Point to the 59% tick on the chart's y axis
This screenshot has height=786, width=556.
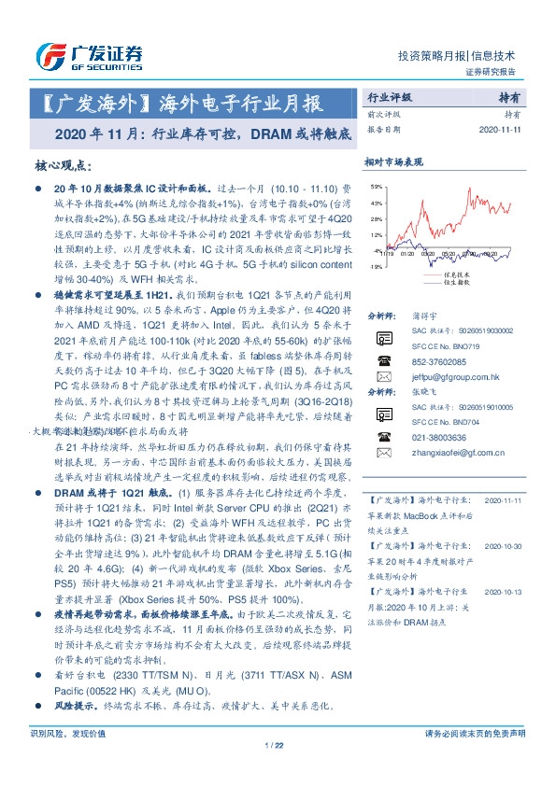tap(375, 188)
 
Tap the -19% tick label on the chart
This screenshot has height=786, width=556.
tap(375, 266)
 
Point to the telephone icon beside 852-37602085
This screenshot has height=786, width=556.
tap(380, 361)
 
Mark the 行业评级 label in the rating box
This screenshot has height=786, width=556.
tap(391, 96)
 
